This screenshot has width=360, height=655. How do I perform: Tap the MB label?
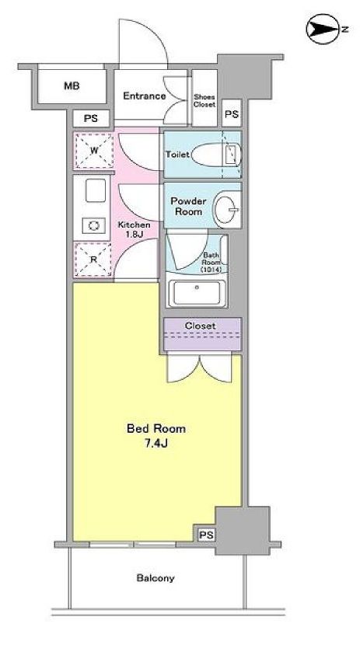(x=72, y=87)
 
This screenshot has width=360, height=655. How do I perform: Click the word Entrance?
(x=144, y=96)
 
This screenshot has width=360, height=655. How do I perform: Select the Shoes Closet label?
(x=204, y=99)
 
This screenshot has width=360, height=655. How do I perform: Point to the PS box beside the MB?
(x=91, y=119)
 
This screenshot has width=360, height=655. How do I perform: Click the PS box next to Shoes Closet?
(x=230, y=114)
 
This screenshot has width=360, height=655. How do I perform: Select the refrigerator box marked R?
(x=93, y=260)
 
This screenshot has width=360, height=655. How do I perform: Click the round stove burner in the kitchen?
(x=94, y=225)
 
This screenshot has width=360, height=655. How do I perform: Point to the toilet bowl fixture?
(x=210, y=154)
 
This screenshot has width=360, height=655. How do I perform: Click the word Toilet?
(x=177, y=154)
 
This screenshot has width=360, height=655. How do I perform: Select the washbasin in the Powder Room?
(x=226, y=207)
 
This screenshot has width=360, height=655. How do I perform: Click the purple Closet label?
(x=200, y=326)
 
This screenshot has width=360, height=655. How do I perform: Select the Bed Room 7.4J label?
(x=156, y=435)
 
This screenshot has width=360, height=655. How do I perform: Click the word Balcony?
(x=156, y=578)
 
